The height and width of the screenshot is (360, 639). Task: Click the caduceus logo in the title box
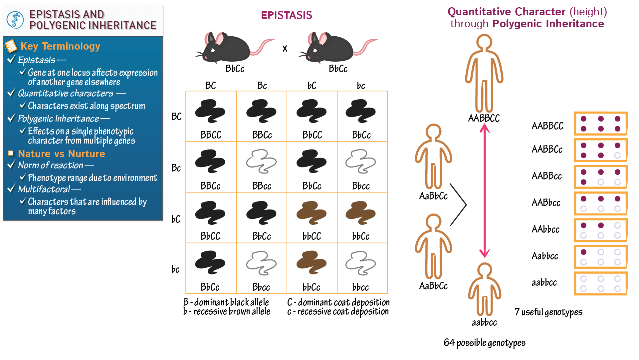(15, 20)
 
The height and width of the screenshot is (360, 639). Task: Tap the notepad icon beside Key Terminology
(11, 46)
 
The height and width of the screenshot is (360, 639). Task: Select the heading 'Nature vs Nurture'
(61, 154)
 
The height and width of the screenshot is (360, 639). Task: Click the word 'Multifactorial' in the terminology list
(44, 189)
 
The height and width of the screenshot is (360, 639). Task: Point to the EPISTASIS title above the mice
(286, 15)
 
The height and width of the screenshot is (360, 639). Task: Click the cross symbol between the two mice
(285, 49)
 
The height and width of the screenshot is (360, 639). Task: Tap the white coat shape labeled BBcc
(261, 162)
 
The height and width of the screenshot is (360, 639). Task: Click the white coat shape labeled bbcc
(360, 263)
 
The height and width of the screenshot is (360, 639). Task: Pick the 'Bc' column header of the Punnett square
(262, 86)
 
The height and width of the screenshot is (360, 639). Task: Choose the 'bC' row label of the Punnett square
(176, 219)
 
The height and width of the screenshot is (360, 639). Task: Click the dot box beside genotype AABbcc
(600, 203)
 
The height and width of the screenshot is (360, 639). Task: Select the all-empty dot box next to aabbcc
(600, 283)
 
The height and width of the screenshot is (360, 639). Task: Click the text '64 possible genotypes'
(484, 343)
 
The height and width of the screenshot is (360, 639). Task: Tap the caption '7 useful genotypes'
(548, 312)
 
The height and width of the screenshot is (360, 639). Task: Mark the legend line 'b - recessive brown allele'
(227, 312)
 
